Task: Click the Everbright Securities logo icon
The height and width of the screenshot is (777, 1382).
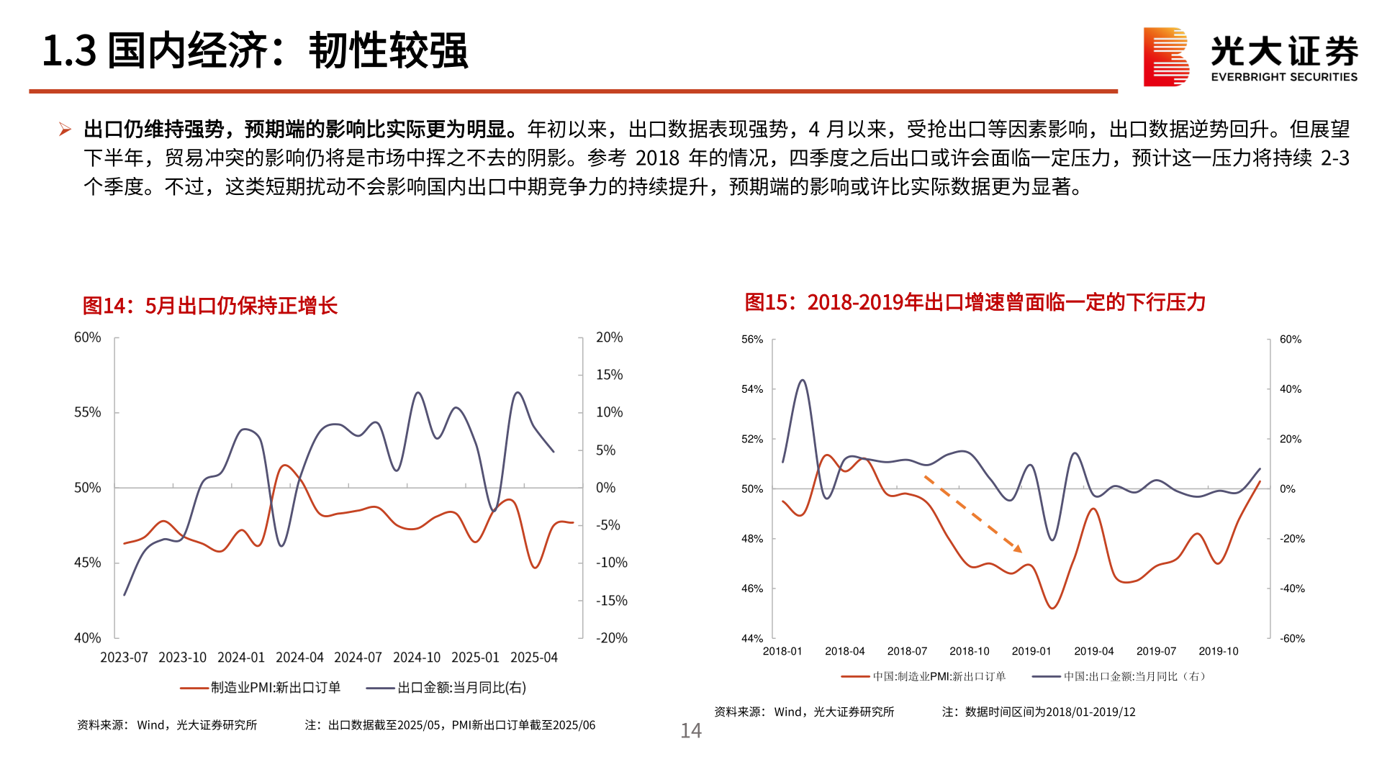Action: coord(1166,57)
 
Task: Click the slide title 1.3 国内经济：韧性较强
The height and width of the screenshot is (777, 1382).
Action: coord(255,51)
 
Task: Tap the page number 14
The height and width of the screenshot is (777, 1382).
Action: coord(690,731)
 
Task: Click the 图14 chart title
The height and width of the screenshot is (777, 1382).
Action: coord(209,306)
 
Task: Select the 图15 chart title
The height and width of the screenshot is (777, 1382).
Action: coord(975,302)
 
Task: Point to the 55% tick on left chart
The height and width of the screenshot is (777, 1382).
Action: coord(87,412)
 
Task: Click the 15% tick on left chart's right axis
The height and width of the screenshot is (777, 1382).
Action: coord(609,375)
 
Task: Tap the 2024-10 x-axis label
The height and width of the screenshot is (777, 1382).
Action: coord(416,658)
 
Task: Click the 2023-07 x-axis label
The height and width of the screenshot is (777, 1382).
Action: coord(124,658)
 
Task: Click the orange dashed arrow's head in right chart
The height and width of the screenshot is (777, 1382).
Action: coord(1019,549)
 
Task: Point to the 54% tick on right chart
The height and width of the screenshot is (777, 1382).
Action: coord(752,389)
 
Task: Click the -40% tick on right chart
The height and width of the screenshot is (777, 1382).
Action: coord(1292,589)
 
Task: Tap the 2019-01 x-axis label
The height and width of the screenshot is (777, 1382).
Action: coord(1031,651)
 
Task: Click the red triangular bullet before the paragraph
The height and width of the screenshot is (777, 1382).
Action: coord(65,129)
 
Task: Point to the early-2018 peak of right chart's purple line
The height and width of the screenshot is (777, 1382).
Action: coord(803,381)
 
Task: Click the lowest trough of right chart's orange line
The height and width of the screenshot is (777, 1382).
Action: coord(1052,609)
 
